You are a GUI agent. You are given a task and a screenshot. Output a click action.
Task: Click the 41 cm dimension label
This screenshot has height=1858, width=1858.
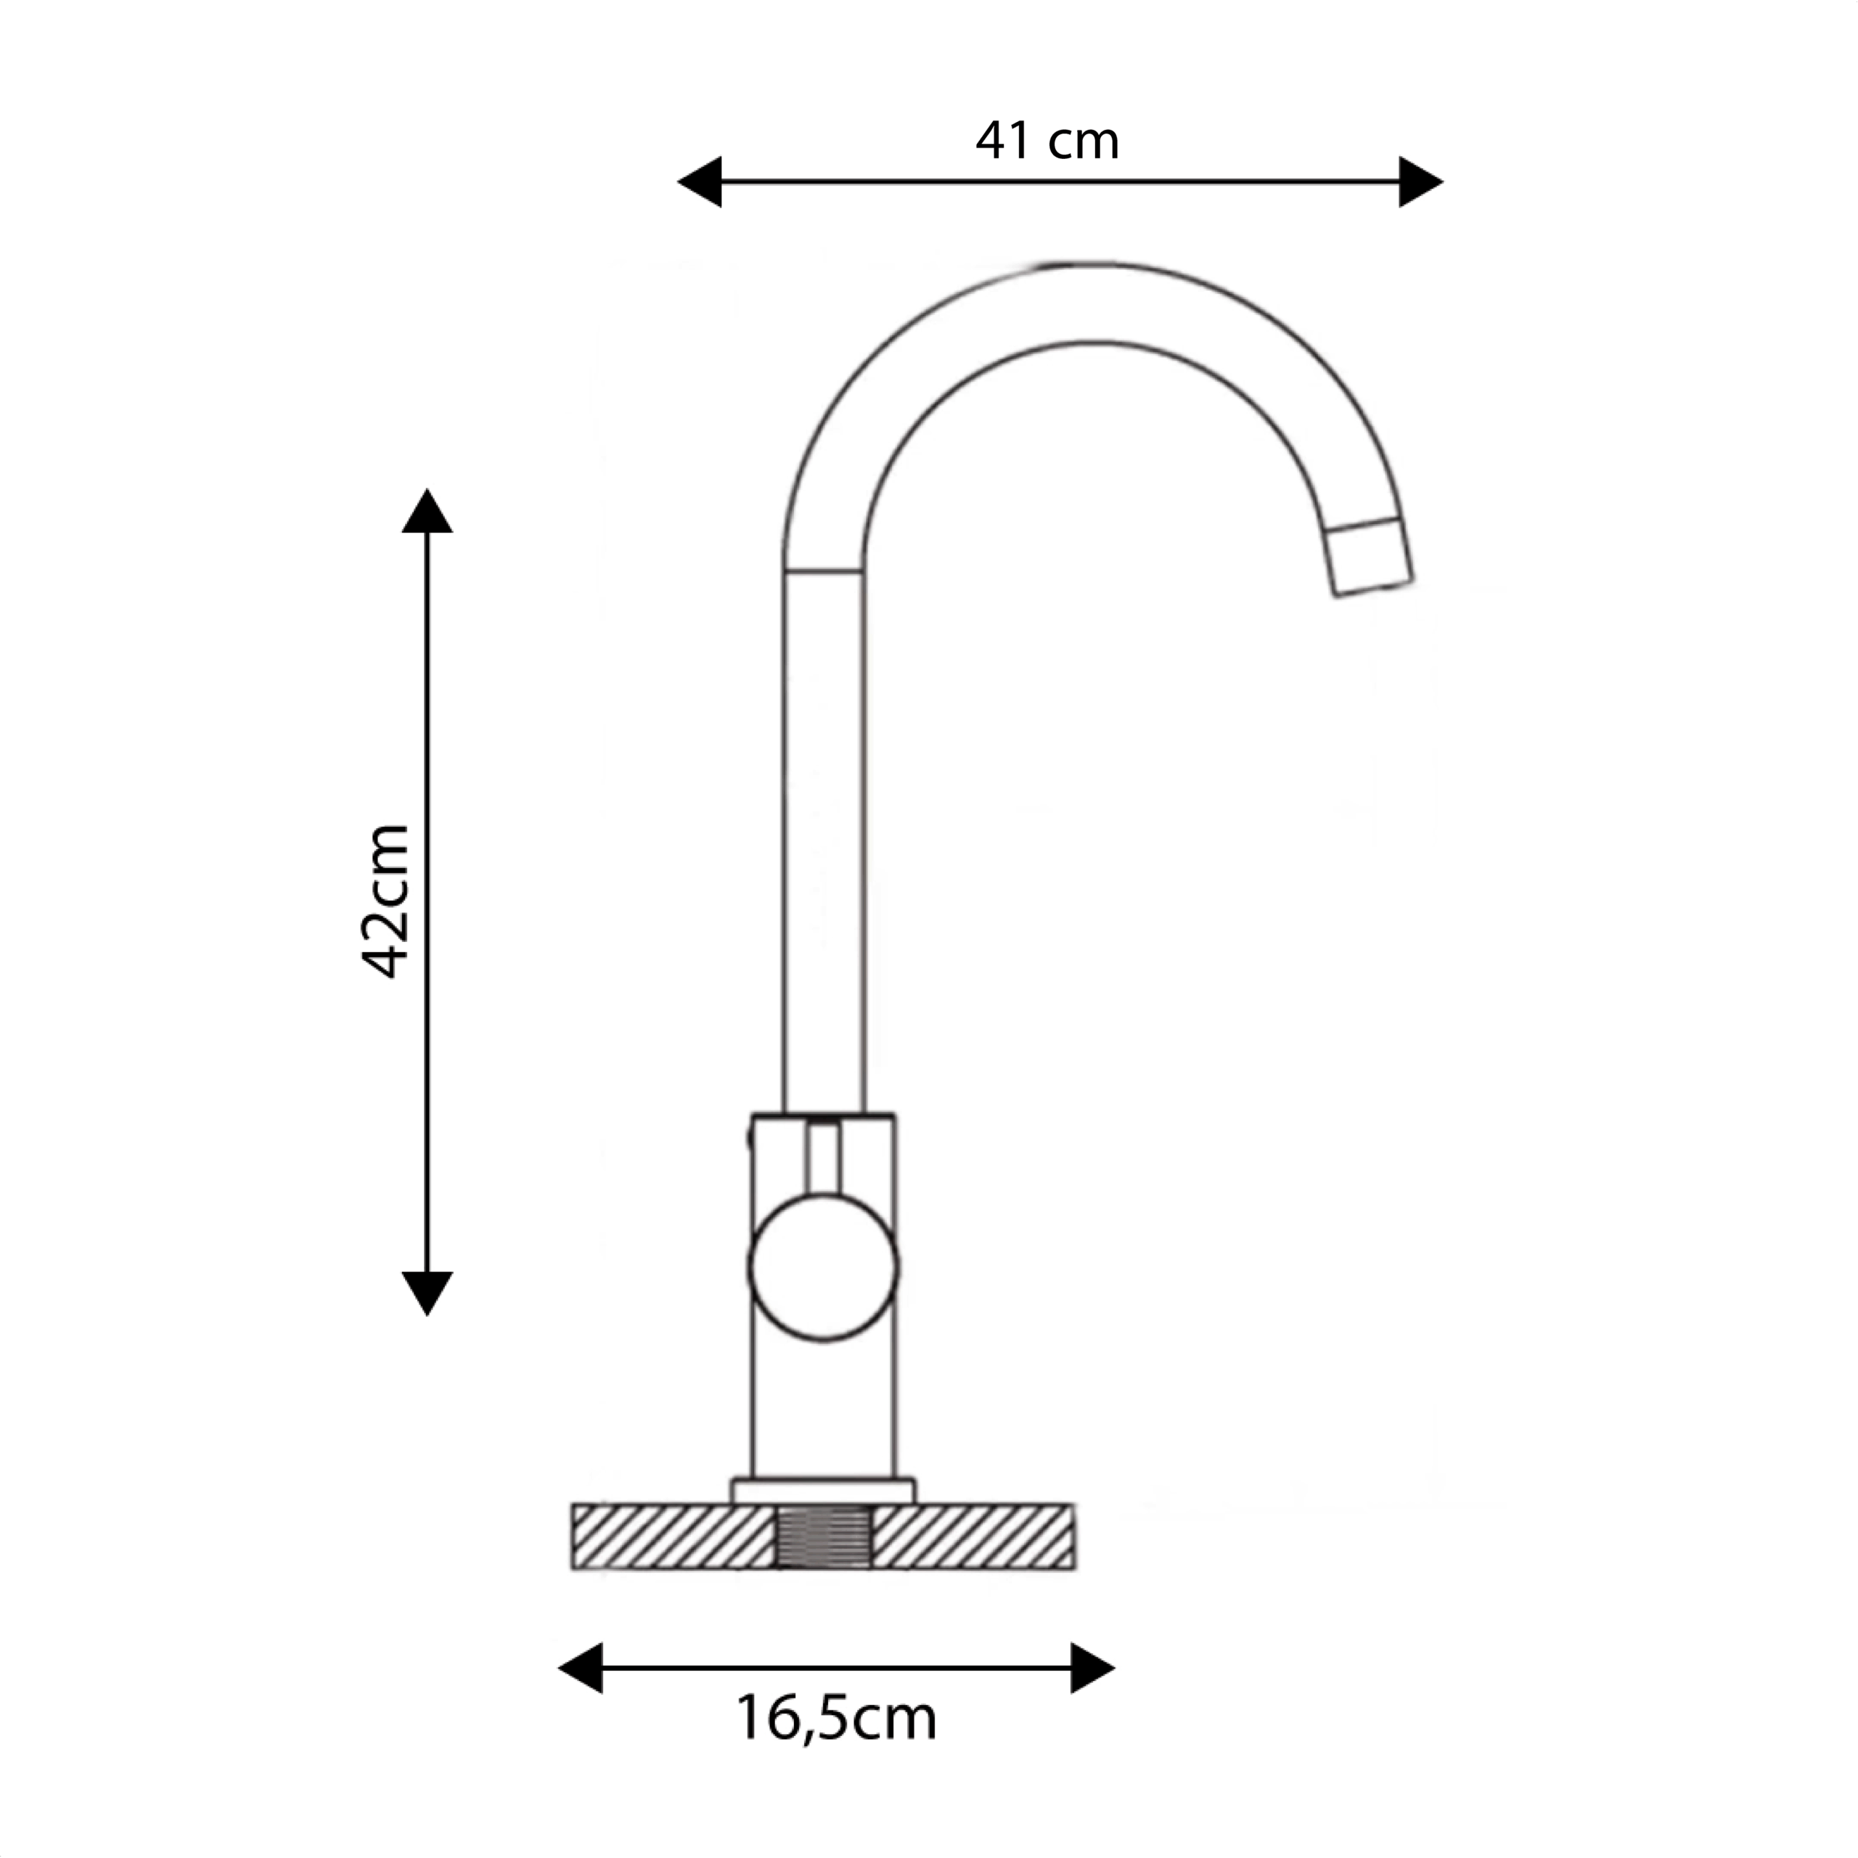tap(1047, 142)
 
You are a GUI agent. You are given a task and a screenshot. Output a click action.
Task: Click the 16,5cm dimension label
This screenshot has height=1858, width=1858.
tap(835, 1719)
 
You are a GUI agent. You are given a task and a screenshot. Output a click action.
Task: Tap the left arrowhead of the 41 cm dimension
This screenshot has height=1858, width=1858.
tap(700, 181)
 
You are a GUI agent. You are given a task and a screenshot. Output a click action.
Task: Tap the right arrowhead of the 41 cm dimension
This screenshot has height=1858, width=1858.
tap(1420, 181)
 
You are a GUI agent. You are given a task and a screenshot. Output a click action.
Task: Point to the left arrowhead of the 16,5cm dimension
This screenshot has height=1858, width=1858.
tap(581, 1668)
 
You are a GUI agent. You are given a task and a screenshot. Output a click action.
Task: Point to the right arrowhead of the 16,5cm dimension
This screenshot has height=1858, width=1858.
tap(1092, 1668)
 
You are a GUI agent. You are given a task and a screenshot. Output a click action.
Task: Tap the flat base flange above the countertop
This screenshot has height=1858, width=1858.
tap(823, 1491)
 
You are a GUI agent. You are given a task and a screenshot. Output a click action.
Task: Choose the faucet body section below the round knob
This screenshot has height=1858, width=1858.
tap(823, 1409)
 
